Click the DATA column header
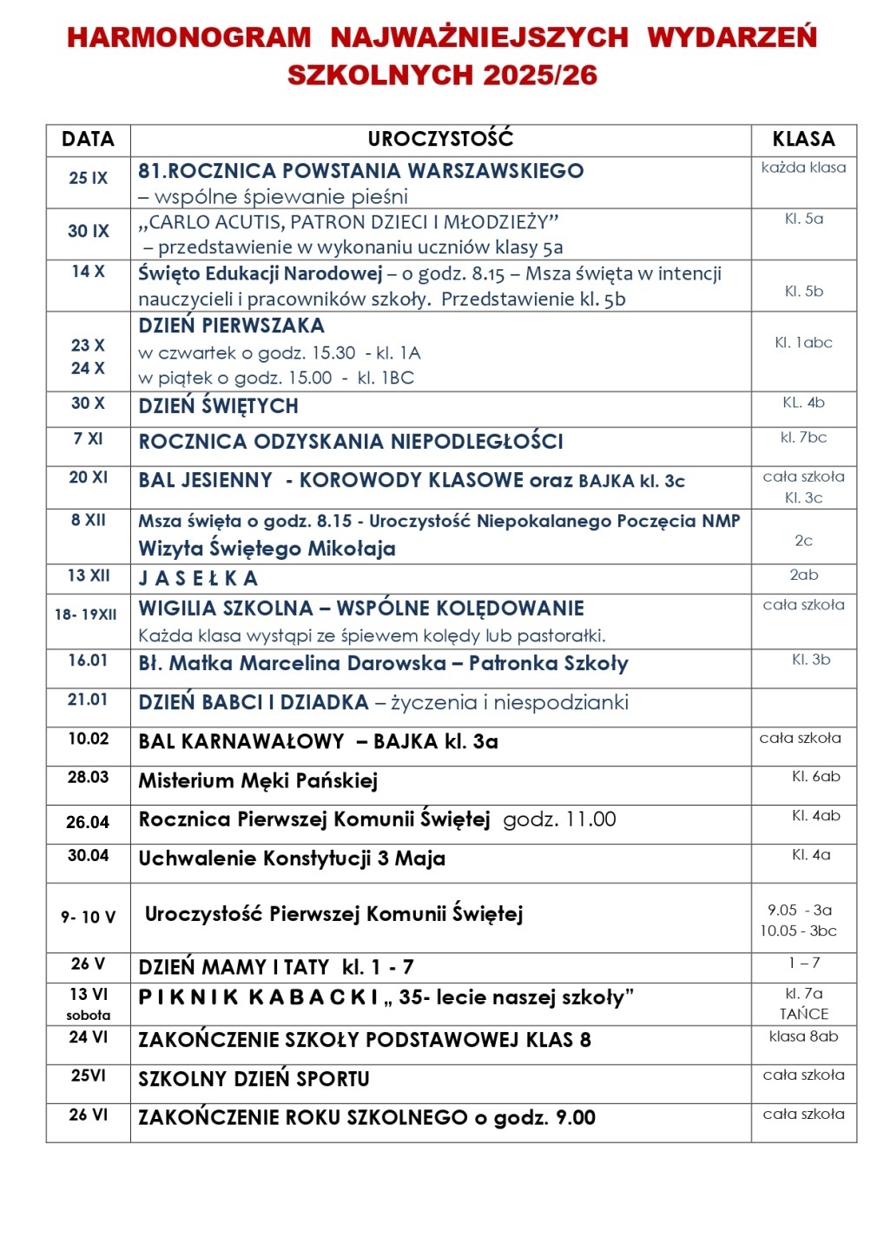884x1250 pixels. [88, 139]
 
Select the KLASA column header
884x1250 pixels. [803, 139]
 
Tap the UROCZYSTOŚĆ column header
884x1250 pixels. [440, 139]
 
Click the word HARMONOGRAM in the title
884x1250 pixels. [188, 37]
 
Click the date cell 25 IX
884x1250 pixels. [88, 178]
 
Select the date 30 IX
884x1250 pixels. [88, 231]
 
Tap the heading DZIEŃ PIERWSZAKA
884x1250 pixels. [231, 326]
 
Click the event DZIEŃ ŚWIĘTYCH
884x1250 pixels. [218, 406]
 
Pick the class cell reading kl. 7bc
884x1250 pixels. [803, 437]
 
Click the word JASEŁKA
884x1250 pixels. [198, 578]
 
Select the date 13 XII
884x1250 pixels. [88, 576]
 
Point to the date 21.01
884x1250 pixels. [88, 700]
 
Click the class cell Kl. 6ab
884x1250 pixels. [815, 777]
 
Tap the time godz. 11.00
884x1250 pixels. [559, 819]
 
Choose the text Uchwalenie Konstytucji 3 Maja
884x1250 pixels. [292, 859]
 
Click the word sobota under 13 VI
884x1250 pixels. [88, 1016]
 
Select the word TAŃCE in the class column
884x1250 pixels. [803, 1014]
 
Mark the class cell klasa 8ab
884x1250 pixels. [803, 1036]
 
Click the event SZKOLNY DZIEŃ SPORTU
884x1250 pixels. [254, 1079]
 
